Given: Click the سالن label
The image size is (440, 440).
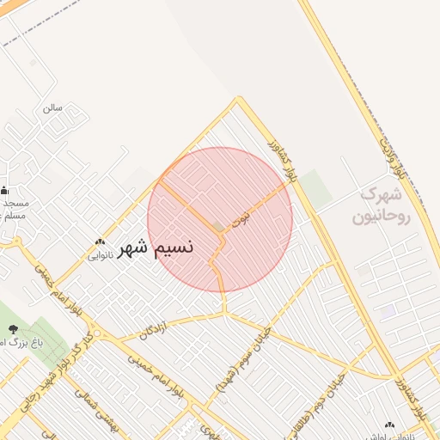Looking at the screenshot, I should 53,108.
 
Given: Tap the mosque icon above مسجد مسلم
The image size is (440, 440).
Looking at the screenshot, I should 5,191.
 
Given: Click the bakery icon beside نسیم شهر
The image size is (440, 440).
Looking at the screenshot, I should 100,242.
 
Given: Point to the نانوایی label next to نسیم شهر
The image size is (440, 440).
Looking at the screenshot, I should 100,254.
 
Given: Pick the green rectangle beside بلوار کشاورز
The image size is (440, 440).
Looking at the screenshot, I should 316,190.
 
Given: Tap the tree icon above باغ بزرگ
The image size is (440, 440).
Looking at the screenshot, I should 12,328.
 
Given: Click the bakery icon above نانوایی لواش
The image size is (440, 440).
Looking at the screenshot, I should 391,425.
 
